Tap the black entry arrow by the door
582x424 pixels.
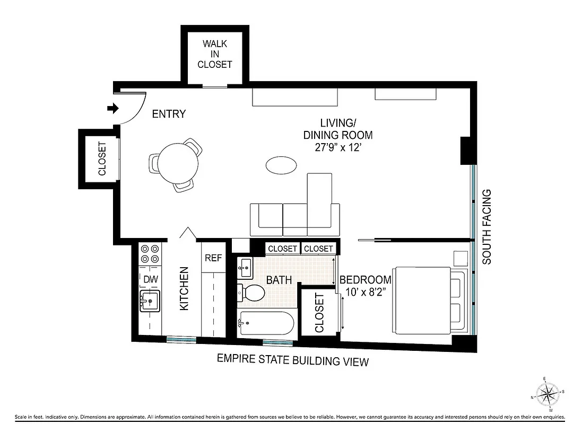tap(112, 108)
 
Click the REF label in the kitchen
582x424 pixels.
tap(213, 258)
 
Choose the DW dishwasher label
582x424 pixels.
tap(150, 279)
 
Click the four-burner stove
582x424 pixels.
tap(150, 253)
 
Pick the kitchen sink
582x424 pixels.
tap(150, 301)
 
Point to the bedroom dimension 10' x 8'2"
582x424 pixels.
tap(366, 291)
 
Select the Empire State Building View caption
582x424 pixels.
tap(293, 361)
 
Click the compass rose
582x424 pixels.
tap(550, 394)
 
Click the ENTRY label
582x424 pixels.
tap(169, 113)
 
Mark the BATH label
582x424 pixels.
tap(279, 279)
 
